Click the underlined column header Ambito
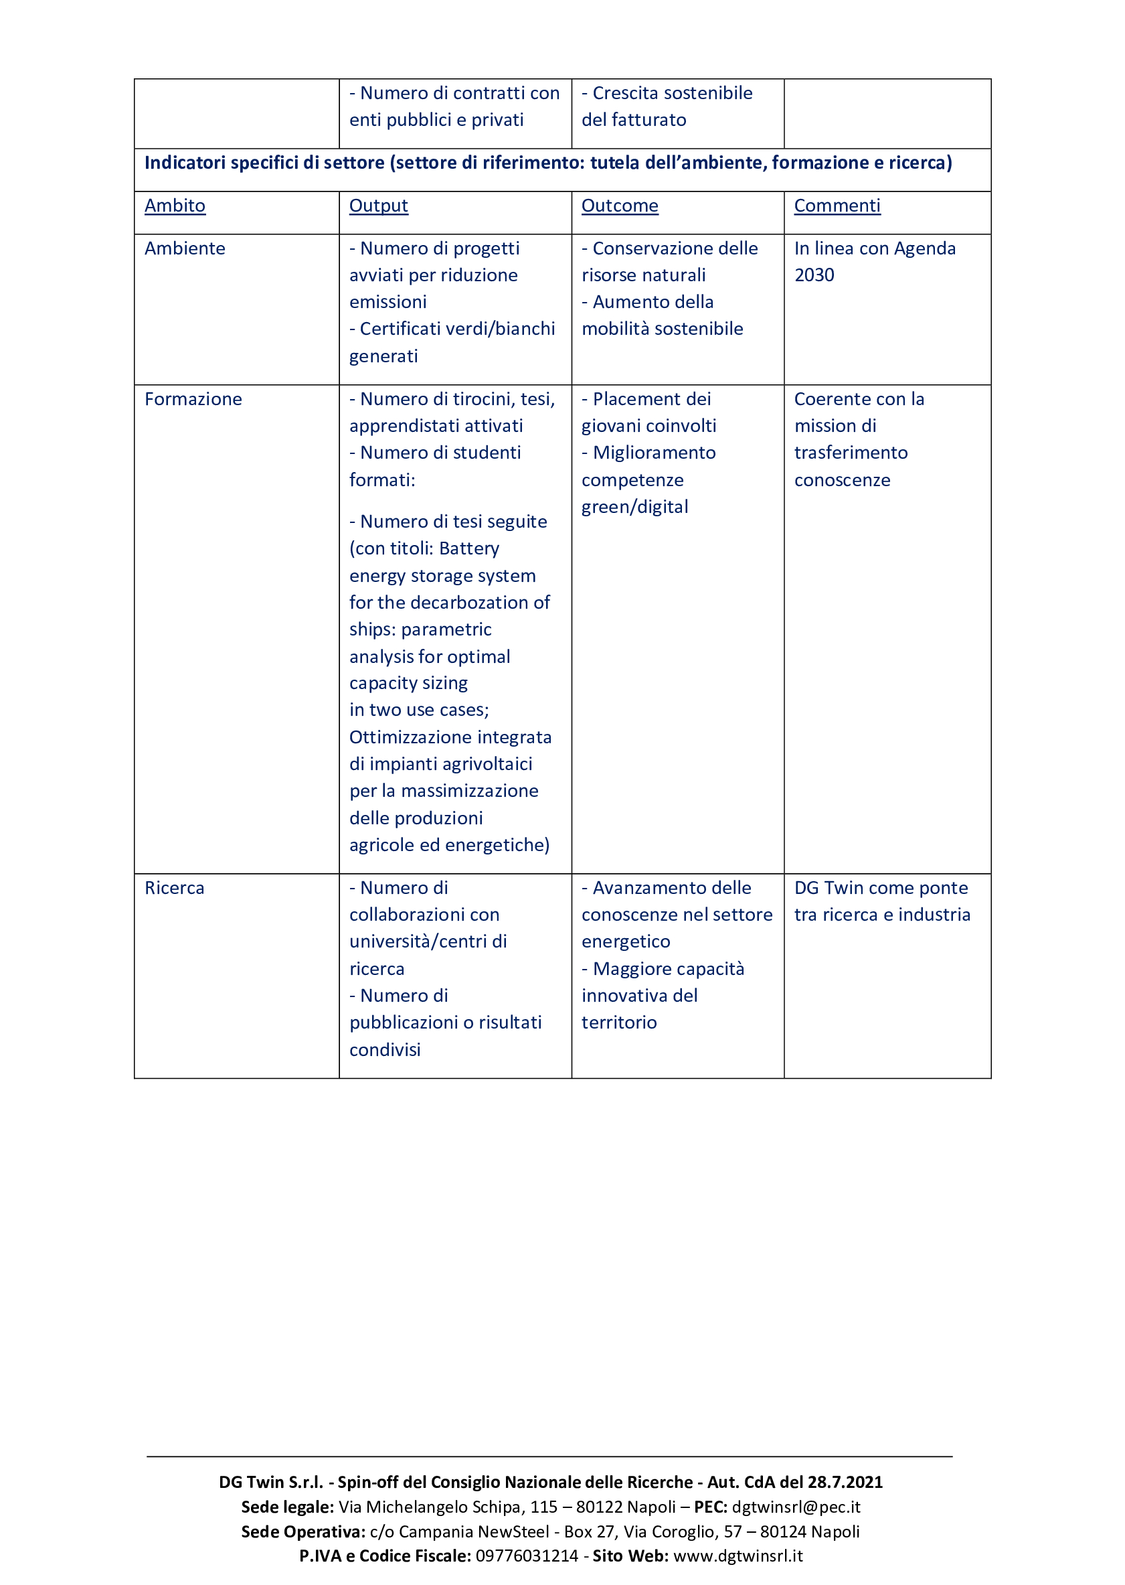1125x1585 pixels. tap(175, 206)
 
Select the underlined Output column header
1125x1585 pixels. tap(378, 206)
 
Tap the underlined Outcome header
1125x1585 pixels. tap(619, 206)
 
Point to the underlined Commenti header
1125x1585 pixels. tap(837, 206)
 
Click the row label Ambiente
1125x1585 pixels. tap(185, 249)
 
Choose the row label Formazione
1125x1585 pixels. tap(193, 399)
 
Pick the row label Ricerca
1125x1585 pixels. tap(175, 889)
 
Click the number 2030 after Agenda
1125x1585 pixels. tap(814, 276)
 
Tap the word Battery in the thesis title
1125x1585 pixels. tap(469, 549)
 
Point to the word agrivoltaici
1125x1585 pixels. tap(488, 765)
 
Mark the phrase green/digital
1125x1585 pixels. tap(634, 508)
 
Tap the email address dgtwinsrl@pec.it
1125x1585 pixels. tap(796, 1507)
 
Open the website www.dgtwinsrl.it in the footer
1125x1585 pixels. tap(738, 1556)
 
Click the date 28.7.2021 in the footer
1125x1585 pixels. tap(845, 1483)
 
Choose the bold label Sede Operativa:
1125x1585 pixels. tap(302, 1531)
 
